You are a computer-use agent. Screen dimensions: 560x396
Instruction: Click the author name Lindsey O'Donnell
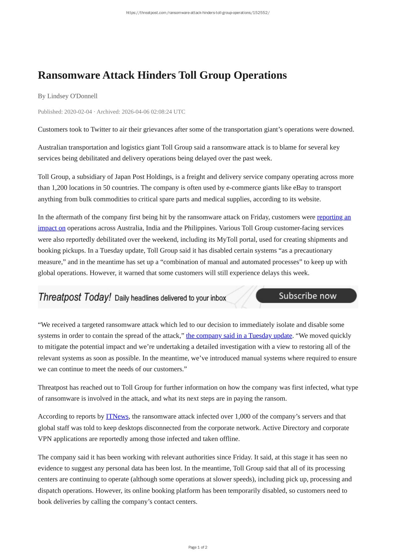72,96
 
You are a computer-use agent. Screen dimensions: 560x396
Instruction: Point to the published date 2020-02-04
78,112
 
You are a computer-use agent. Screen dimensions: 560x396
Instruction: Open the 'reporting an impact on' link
334,217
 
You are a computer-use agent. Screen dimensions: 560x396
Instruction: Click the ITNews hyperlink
117,416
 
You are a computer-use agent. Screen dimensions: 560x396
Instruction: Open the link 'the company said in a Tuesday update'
239,336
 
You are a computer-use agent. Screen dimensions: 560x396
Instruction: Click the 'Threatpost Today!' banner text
75,297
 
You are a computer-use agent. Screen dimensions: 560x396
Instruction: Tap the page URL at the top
198,13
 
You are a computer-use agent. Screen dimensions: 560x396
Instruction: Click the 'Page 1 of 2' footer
198,547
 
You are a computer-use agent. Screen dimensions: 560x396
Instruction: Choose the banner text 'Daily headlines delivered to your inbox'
170,298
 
